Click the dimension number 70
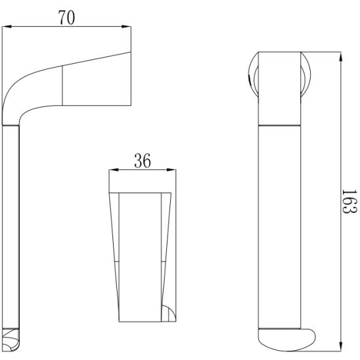tap(66, 18)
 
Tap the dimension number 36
tap(143, 160)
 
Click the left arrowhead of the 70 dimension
tap(7, 27)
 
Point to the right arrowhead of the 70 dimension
tap(126, 27)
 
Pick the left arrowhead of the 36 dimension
tap(114, 169)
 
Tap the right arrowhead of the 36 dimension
tap(171, 169)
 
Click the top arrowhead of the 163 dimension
tap(340, 56)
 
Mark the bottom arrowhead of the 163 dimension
tap(340, 346)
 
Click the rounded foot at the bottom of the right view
tap(286, 340)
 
